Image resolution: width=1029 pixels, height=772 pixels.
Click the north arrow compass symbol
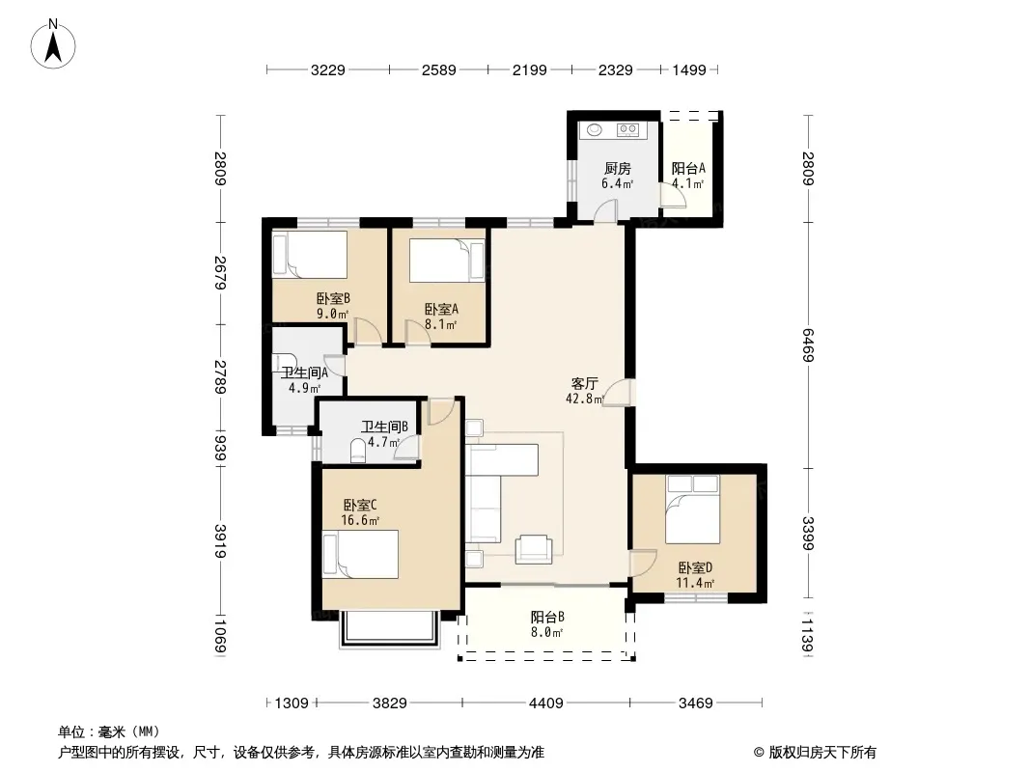pos(53,44)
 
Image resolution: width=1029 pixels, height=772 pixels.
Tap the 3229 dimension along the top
pos(327,70)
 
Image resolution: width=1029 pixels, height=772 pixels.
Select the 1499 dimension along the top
pos(689,70)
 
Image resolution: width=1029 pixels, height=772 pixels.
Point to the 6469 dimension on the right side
pos(808,345)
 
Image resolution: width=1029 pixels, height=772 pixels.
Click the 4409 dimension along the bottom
pos(546,703)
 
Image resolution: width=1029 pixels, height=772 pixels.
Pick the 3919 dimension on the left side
pos(220,541)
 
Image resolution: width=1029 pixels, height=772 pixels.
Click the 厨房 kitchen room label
pos(618,169)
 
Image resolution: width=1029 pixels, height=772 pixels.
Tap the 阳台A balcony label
pos(688,169)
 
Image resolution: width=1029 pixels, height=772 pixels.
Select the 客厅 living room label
pos(584,383)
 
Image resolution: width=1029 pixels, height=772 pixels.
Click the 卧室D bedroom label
pos(696,567)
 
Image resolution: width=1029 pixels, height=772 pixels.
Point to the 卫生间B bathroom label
pos(384,427)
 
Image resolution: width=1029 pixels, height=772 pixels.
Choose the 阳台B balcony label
pos(547,618)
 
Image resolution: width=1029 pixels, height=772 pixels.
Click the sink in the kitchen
pos(595,130)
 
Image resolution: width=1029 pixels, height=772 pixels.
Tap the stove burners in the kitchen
pos(628,130)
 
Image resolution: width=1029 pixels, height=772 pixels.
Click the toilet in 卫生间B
pos(358,452)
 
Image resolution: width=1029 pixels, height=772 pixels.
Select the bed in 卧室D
pos(692,510)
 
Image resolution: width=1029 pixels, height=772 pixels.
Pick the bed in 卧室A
pos(446,261)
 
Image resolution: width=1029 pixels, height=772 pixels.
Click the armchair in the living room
pos(534,549)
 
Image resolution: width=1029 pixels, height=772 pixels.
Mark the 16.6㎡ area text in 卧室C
pos(360,521)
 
